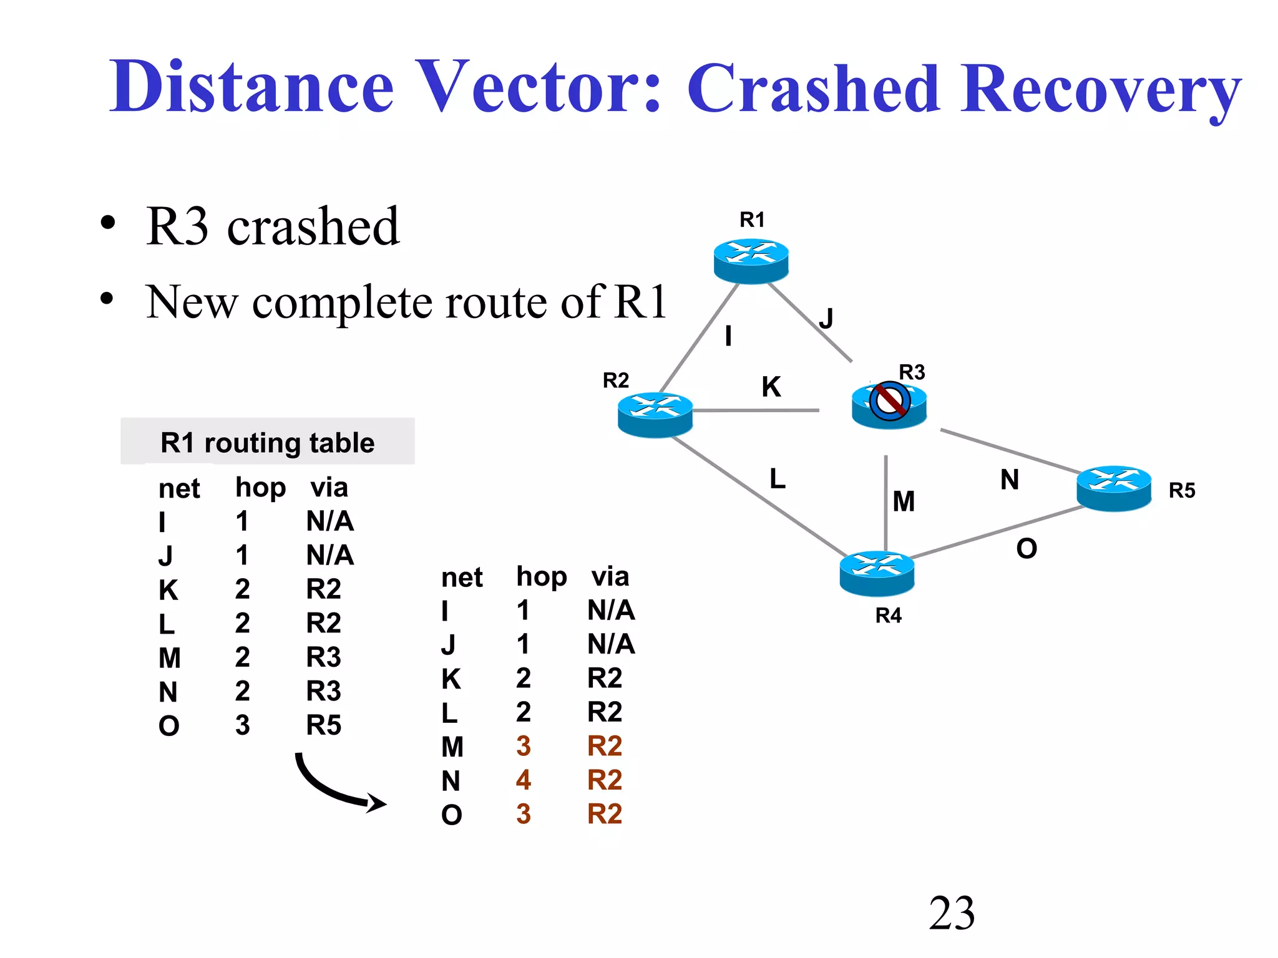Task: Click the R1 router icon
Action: pyautogui.click(x=751, y=261)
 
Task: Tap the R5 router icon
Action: pyautogui.click(x=1113, y=488)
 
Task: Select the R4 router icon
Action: pyautogui.click(x=877, y=573)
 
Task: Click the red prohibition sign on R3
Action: pyautogui.click(x=889, y=401)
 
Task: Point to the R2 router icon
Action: pyautogui.click(x=655, y=414)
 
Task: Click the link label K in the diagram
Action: pyautogui.click(x=771, y=387)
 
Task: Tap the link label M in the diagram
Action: pyautogui.click(x=903, y=501)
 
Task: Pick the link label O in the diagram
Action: pyautogui.click(x=1026, y=549)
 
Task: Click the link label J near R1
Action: pyautogui.click(x=826, y=319)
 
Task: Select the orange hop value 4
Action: pyautogui.click(x=523, y=780)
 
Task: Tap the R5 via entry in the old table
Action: pyautogui.click(x=323, y=725)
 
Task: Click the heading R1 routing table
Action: pyautogui.click(x=267, y=442)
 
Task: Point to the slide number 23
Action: pyautogui.click(x=951, y=913)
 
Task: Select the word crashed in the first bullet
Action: pyautogui.click(x=312, y=226)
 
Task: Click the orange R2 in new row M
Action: pyautogui.click(x=604, y=746)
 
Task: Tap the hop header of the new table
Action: pyautogui.click(x=541, y=577)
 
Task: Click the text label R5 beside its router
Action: pyautogui.click(x=1181, y=490)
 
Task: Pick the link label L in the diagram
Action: pyautogui.click(x=777, y=478)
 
